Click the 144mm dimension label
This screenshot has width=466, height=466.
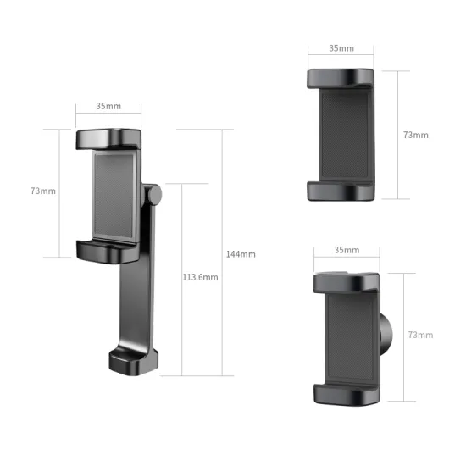(x=241, y=254)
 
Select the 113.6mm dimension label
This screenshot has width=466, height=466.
(x=200, y=277)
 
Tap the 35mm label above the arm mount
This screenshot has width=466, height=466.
(x=108, y=107)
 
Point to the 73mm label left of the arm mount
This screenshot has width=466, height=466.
(x=42, y=191)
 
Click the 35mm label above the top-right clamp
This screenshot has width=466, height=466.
(x=341, y=48)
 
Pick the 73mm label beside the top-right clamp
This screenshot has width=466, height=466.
(x=415, y=135)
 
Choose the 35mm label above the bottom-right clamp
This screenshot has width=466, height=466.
(x=347, y=250)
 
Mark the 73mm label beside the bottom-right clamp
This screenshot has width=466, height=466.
(x=420, y=336)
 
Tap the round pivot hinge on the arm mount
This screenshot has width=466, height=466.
(x=153, y=195)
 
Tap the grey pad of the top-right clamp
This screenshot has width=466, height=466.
(x=345, y=136)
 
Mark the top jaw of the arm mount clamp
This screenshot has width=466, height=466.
(x=109, y=139)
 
